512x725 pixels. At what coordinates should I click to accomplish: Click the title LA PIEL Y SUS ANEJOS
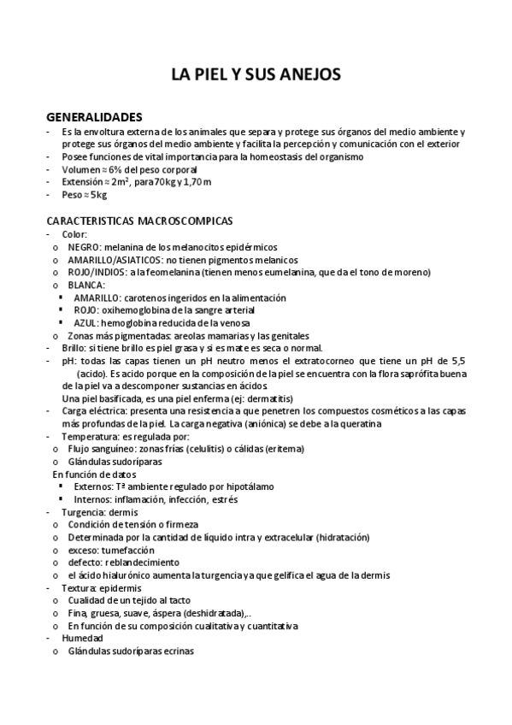coord(256,75)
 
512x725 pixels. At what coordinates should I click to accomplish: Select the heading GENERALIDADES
coord(94,117)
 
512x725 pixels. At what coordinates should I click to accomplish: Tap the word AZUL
coord(85,322)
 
